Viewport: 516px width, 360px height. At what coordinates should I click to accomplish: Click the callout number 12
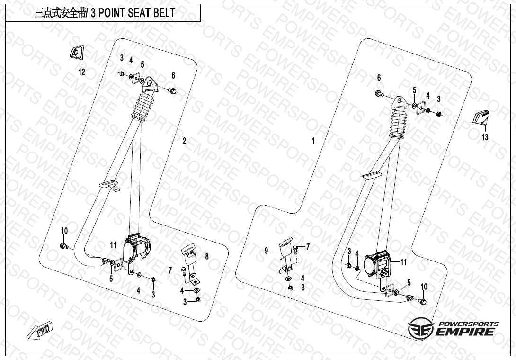81,72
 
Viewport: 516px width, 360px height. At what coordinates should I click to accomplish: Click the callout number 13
485,137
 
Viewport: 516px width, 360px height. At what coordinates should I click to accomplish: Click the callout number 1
313,141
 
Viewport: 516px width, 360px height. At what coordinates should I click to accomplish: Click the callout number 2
184,141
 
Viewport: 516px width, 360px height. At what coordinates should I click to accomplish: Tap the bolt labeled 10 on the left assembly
63,245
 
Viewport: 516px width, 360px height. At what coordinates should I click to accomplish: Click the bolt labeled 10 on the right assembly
423,301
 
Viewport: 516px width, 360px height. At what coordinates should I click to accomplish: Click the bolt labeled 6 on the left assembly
173,90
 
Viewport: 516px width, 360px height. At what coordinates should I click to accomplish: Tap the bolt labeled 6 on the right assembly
379,93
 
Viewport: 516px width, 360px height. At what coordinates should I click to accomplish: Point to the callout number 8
206,256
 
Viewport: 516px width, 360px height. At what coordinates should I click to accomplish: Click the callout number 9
266,250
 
